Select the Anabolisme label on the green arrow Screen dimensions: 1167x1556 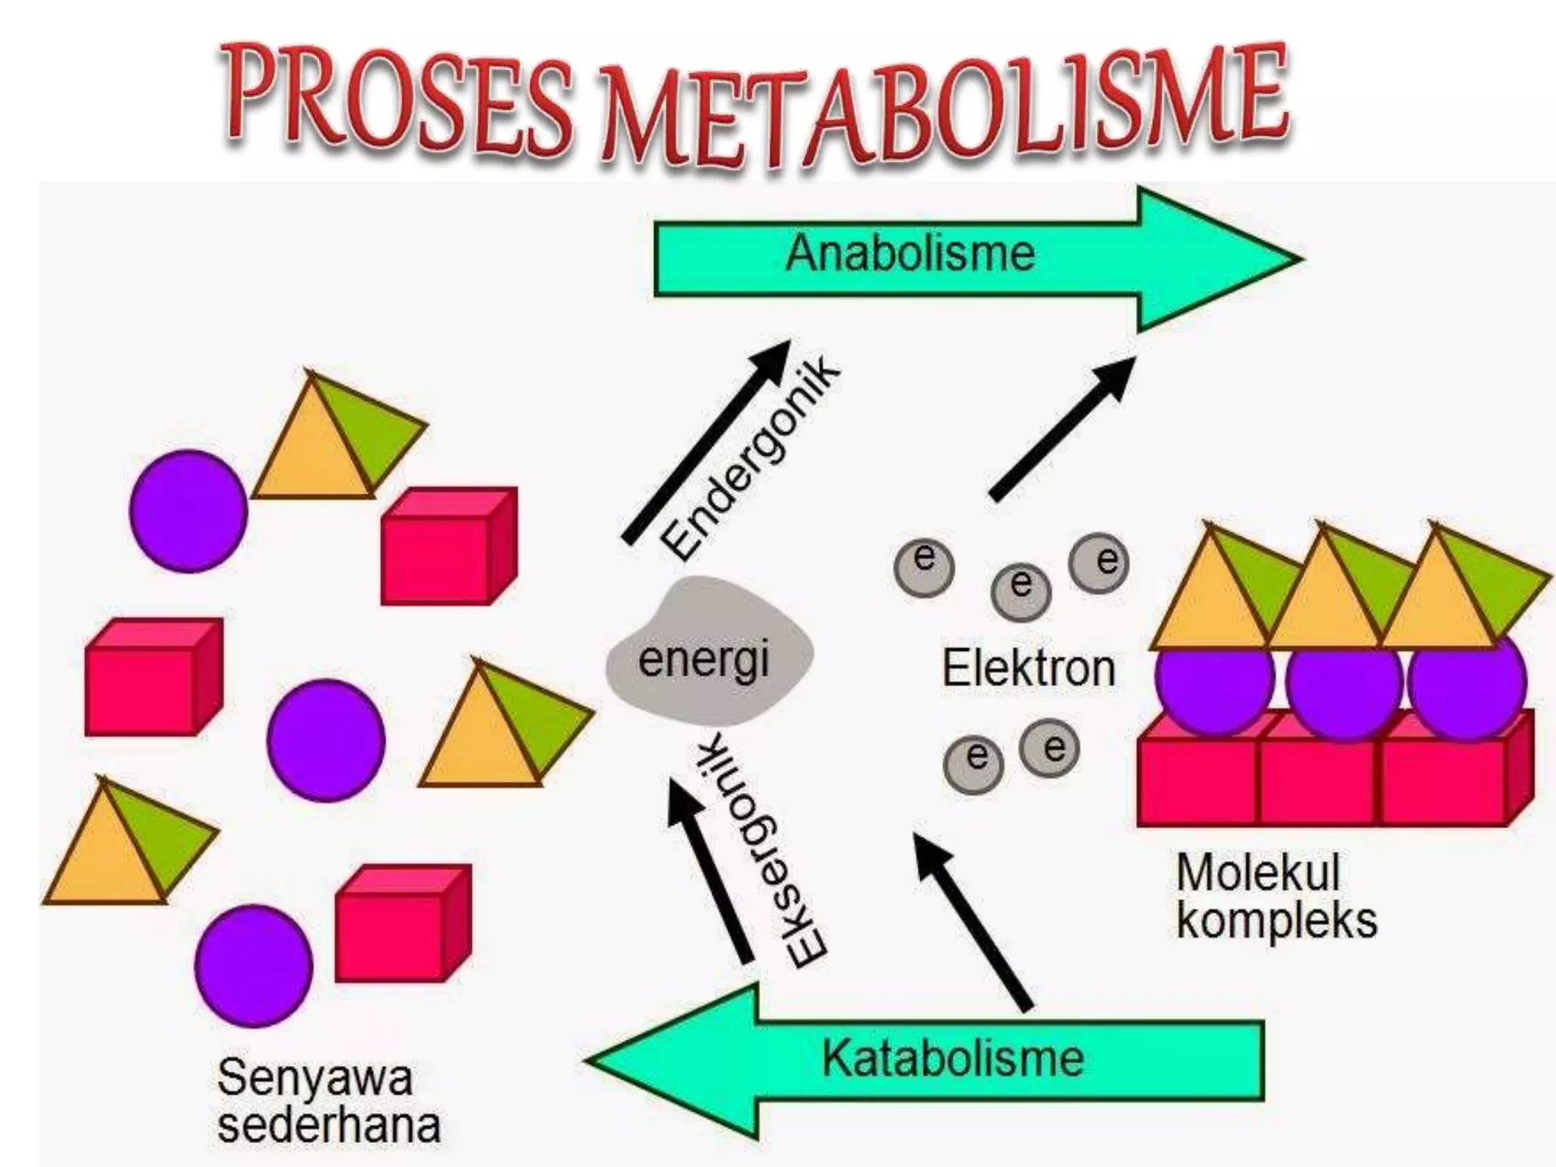[x=909, y=253]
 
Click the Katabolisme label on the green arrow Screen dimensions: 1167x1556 [x=953, y=1058]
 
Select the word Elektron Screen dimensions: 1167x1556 [x=1029, y=669]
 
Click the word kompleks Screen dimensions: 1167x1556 [x=1276, y=920]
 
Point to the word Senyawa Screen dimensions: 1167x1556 [x=315, y=1077]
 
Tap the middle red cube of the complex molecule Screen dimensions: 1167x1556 [x=1319, y=779]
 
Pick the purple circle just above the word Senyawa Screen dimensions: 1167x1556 [x=254, y=965]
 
